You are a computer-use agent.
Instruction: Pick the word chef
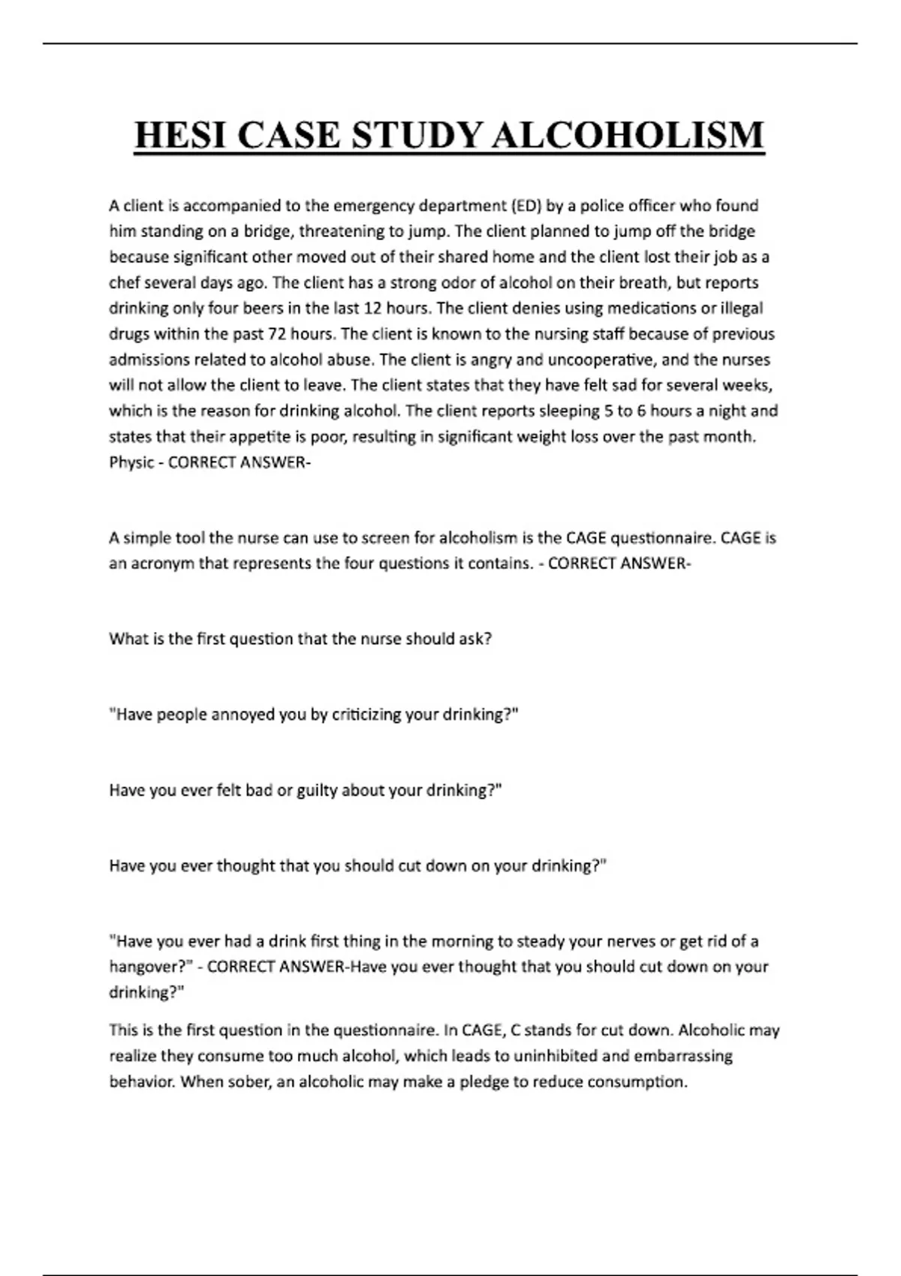point(124,283)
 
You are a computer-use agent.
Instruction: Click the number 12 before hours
point(373,308)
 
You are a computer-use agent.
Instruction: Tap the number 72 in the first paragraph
point(277,334)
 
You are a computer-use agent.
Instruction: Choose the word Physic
point(131,462)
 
